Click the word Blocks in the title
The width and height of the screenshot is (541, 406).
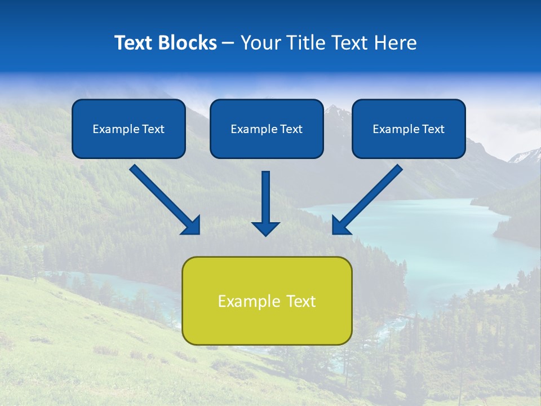click(x=185, y=43)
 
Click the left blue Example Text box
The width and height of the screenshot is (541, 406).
click(x=128, y=129)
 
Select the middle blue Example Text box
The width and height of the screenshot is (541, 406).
click(x=267, y=129)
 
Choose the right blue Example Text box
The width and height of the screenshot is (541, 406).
click(x=409, y=129)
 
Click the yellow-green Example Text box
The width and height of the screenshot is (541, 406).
click(x=267, y=301)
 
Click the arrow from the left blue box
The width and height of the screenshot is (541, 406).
click(x=163, y=198)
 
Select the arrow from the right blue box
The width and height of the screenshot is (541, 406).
click(x=369, y=198)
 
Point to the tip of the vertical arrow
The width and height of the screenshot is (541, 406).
click(x=265, y=235)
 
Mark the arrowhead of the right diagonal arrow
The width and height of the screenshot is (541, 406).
click(x=339, y=226)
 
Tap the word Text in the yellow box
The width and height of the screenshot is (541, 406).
click(x=300, y=301)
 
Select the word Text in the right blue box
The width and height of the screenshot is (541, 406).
click(x=433, y=129)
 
